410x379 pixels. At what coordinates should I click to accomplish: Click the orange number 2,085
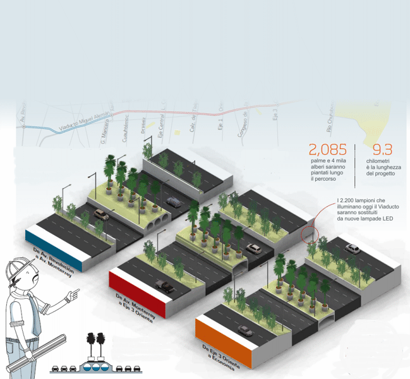pos(327,150)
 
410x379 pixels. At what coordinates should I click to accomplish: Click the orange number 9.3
pos(382,150)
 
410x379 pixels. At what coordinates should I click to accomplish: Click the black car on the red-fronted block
pos(166,287)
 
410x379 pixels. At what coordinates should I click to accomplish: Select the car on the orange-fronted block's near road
pos(245,331)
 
